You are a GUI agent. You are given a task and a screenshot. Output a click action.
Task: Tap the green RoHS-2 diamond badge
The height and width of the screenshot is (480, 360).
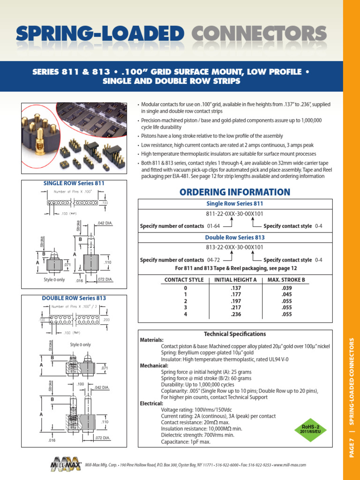click(x=309, y=428)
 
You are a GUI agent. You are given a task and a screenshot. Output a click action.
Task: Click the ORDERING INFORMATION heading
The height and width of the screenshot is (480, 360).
click(x=235, y=192)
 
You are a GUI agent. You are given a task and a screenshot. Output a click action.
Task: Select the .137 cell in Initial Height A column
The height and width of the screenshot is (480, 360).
click(x=235, y=287)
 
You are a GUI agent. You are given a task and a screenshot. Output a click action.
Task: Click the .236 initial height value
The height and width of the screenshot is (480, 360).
click(x=235, y=314)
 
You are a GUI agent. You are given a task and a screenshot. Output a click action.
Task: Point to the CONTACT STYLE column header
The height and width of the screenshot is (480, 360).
click(x=183, y=280)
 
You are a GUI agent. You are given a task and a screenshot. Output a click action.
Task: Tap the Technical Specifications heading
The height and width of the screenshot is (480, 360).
click(x=235, y=334)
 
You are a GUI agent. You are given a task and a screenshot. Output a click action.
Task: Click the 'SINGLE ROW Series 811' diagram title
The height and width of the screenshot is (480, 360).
click(x=74, y=183)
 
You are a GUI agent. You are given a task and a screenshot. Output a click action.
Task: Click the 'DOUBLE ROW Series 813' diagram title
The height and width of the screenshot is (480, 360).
click(x=74, y=298)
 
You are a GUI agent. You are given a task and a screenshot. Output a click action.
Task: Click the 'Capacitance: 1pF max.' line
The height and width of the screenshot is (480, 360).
click(x=186, y=442)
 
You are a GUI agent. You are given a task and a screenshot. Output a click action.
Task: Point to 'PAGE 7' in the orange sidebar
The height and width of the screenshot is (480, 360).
click(x=352, y=448)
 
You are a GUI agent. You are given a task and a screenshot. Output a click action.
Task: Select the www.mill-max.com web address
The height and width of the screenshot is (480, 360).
click(x=290, y=465)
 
